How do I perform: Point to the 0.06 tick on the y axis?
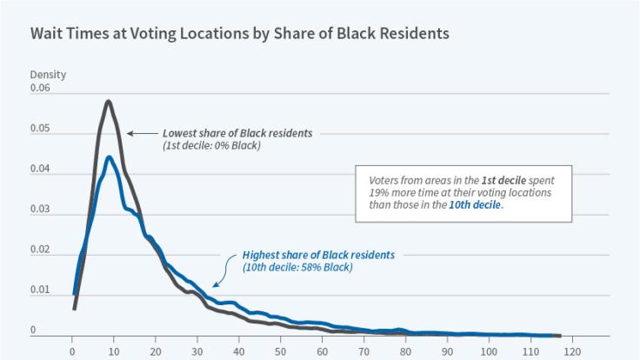(41, 89)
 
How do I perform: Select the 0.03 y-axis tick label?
(41, 210)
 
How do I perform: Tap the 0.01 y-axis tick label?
(41, 290)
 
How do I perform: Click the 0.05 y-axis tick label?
(41, 130)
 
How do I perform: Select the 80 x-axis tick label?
(405, 352)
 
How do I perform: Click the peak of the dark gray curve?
(108, 102)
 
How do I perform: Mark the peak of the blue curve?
(108, 157)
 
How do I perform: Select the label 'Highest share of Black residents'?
(318, 255)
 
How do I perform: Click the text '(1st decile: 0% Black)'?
(211, 145)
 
